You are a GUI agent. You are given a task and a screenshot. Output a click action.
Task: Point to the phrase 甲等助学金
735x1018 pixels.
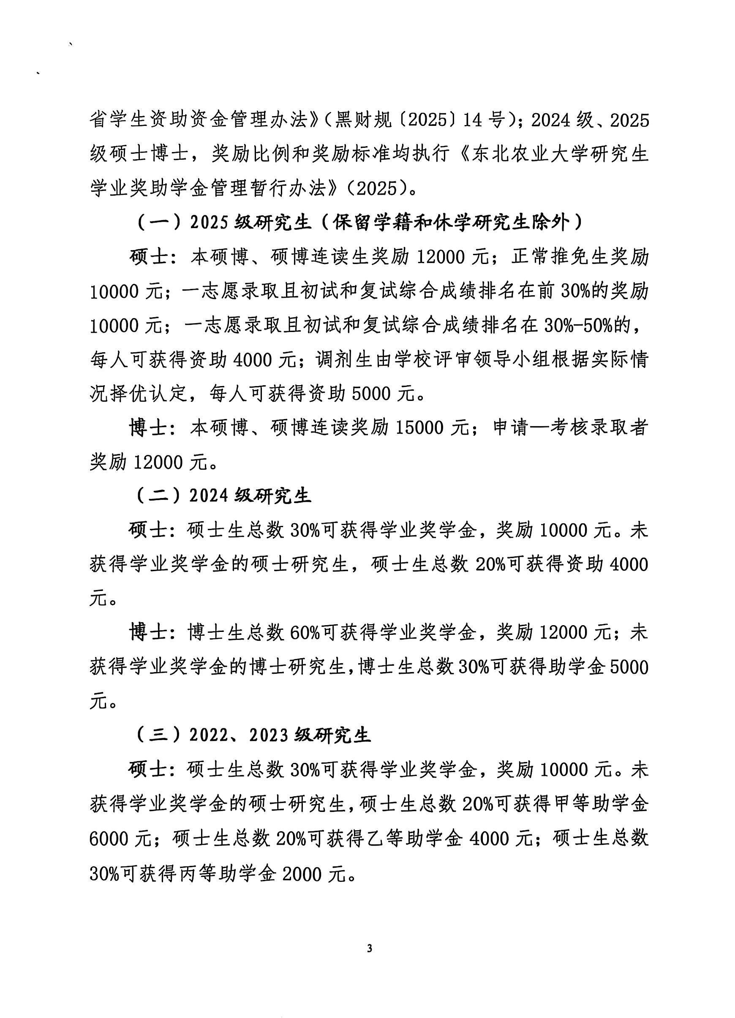tap(602, 804)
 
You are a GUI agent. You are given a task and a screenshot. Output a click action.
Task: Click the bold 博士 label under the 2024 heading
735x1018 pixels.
tap(149, 633)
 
